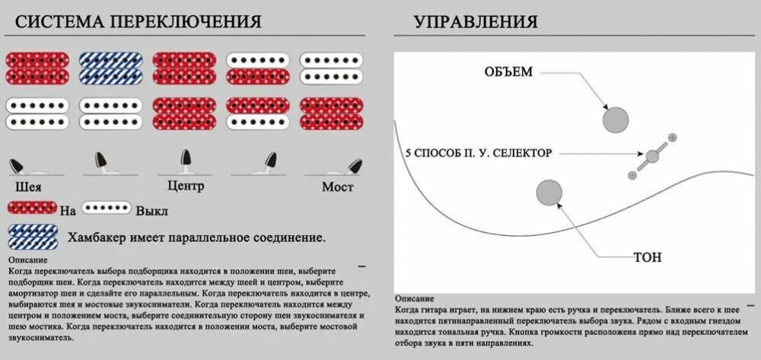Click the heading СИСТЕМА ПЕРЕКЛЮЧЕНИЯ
pyautogui.click(x=138, y=21)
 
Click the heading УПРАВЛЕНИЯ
pyautogui.click(x=476, y=21)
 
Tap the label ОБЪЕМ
pyautogui.click(x=508, y=72)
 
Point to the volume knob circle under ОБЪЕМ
pyautogui.click(x=616, y=119)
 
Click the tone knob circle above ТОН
pyautogui.click(x=549, y=193)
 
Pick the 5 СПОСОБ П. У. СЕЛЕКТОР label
pyautogui.click(x=479, y=153)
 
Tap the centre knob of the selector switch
pyautogui.click(x=652, y=157)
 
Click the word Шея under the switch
pyautogui.click(x=28, y=186)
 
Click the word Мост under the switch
pyautogui.click(x=337, y=186)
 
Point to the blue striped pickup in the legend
pyautogui.click(x=32, y=237)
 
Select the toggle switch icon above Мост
pyautogui.click(x=352, y=167)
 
